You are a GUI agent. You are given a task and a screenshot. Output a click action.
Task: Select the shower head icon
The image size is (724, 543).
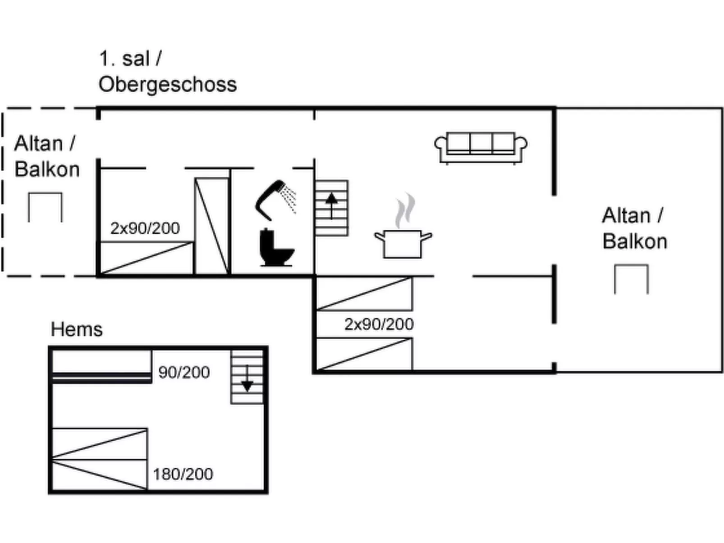tap(275, 200)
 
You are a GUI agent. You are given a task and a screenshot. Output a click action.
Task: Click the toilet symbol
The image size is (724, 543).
tap(275, 247)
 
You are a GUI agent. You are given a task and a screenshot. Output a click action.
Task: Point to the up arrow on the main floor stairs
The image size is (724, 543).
tap(331, 206)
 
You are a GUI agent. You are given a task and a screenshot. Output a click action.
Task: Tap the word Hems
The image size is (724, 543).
tap(77, 329)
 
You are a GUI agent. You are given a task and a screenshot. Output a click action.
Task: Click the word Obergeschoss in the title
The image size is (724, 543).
tap(168, 84)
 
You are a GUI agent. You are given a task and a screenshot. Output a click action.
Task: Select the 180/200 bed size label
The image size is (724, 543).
tap(183, 474)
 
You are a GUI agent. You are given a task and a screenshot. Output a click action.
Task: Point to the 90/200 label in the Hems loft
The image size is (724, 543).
tap(184, 372)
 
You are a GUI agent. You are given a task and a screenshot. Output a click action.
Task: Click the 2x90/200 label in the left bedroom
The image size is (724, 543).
tap(145, 228)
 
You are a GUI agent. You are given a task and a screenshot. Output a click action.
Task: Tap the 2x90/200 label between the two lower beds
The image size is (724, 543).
tap(379, 324)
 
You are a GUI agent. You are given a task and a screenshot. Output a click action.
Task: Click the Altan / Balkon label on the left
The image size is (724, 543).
tap(46, 156)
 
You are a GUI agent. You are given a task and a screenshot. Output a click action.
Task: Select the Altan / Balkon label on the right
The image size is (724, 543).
tap(634, 228)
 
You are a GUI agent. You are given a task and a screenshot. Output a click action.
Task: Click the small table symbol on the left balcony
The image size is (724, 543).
tap(45, 207)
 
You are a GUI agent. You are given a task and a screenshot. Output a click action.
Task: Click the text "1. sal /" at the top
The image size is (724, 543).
tap(130, 59)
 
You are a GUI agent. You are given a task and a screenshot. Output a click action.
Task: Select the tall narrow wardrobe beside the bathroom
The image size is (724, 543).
tap(212, 225)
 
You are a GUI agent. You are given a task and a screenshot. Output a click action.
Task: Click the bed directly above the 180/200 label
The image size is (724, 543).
tap(100, 444)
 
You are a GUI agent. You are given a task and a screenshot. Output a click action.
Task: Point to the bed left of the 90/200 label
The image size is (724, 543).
tap(102, 366)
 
